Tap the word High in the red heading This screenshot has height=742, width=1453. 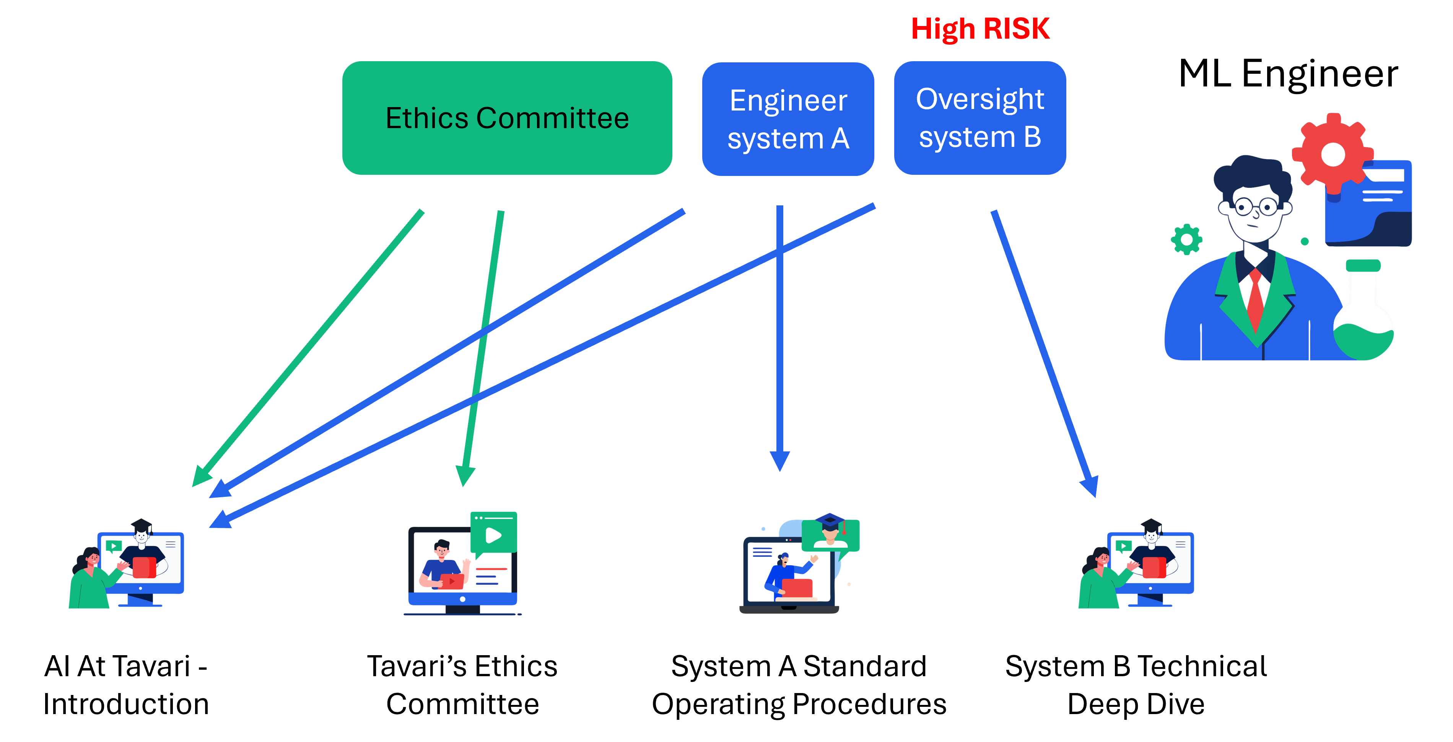pos(942,29)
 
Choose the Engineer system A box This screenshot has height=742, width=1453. pos(788,119)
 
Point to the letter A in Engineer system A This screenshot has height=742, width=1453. pos(840,138)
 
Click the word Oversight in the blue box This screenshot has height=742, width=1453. pos(980,99)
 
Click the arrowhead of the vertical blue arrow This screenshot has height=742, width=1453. pos(779,460)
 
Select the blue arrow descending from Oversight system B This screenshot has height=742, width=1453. pos(1043,350)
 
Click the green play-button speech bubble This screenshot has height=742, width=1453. pos(493,533)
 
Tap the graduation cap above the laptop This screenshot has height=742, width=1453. pos(830,520)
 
